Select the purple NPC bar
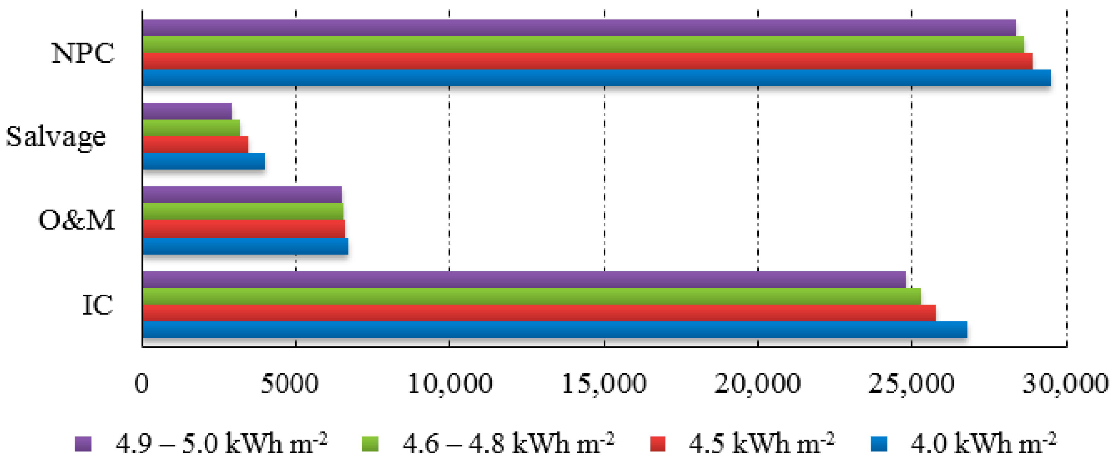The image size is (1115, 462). point(579,27)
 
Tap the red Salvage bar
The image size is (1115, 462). point(195,144)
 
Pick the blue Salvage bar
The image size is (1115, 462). point(203,161)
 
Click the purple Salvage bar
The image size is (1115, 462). point(187,111)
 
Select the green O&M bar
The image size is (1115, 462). point(243,211)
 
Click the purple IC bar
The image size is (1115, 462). point(524,279)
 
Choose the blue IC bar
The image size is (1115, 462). point(554,329)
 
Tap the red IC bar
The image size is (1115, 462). point(539,313)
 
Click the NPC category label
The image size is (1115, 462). point(83,53)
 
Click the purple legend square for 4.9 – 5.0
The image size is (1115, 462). point(83,444)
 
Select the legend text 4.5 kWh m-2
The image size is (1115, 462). point(761,443)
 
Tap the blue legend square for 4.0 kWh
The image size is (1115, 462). point(879,444)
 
